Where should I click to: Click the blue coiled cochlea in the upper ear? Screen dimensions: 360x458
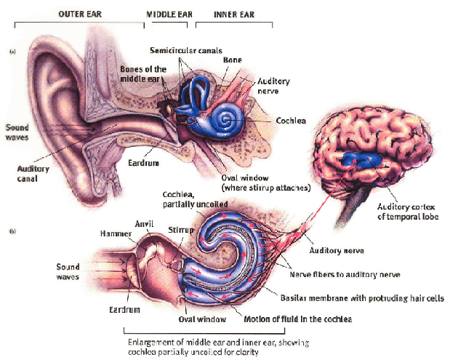point(223,116)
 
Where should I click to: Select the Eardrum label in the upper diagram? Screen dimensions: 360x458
point(144,163)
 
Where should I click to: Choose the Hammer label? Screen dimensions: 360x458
point(115,233)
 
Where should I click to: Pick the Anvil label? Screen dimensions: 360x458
point(145,223)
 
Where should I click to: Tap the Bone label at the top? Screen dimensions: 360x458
point(233,59)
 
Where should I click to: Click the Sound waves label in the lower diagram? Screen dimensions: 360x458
point(68,271)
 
